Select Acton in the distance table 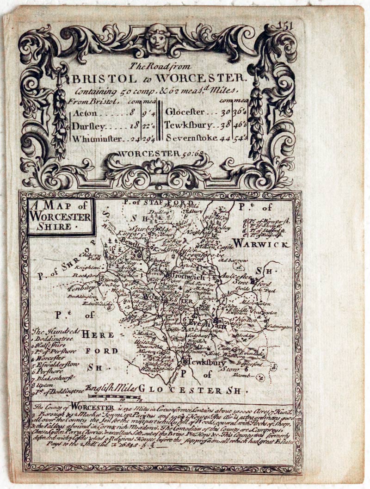(85, 113)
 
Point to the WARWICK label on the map (261, 243)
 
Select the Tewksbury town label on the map (205, 362)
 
